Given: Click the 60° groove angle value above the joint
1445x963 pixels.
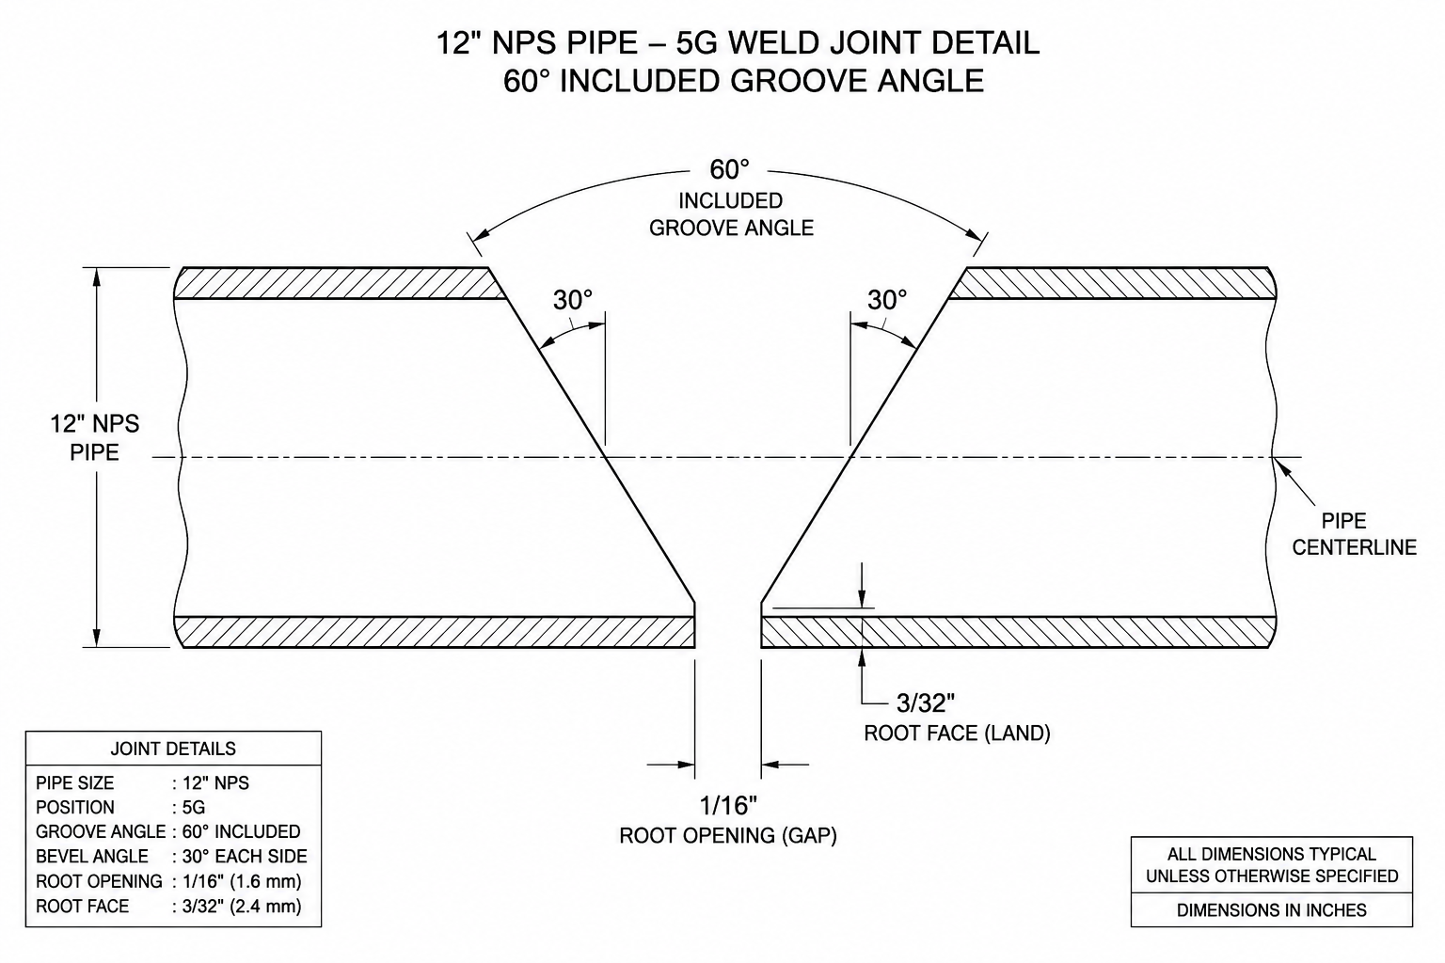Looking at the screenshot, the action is click(x=730, y=169).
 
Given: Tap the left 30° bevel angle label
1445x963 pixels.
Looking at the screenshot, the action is click(x=573, y=300).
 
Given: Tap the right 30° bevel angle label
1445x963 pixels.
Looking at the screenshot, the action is click(x=887, y=300).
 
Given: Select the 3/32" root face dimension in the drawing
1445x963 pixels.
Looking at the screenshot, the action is click(x=926, y=703).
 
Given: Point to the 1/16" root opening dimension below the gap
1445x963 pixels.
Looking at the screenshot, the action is click(x=728, y=806).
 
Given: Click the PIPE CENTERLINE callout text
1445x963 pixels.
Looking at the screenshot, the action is click(x=1354, y=534).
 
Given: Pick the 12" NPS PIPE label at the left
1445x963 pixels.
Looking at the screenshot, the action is click(x=95, y=438).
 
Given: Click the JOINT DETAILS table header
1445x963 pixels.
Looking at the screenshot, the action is click(x=173, y=749).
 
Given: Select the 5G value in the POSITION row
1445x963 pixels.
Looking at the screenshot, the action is click(x=194, y=808).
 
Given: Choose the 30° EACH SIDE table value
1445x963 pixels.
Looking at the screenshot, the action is click(x=245, y=857).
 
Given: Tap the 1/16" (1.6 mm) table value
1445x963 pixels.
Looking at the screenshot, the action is click(x=242, y=881).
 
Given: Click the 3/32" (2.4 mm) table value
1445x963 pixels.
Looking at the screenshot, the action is click(x=242, y=907).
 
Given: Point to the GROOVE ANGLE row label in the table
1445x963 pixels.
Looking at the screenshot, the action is click(x=101, y=832).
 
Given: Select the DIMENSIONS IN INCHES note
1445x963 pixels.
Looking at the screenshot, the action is click(x=1272, y=910).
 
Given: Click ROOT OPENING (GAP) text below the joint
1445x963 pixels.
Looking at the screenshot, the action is click(x=728, y=836).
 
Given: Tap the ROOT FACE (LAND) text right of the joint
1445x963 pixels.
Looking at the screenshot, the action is click(x=958, y=734).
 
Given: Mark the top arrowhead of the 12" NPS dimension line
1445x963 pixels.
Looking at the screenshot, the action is click(x=97, y=277).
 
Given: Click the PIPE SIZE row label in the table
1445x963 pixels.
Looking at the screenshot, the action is click(x=75, y=783).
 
